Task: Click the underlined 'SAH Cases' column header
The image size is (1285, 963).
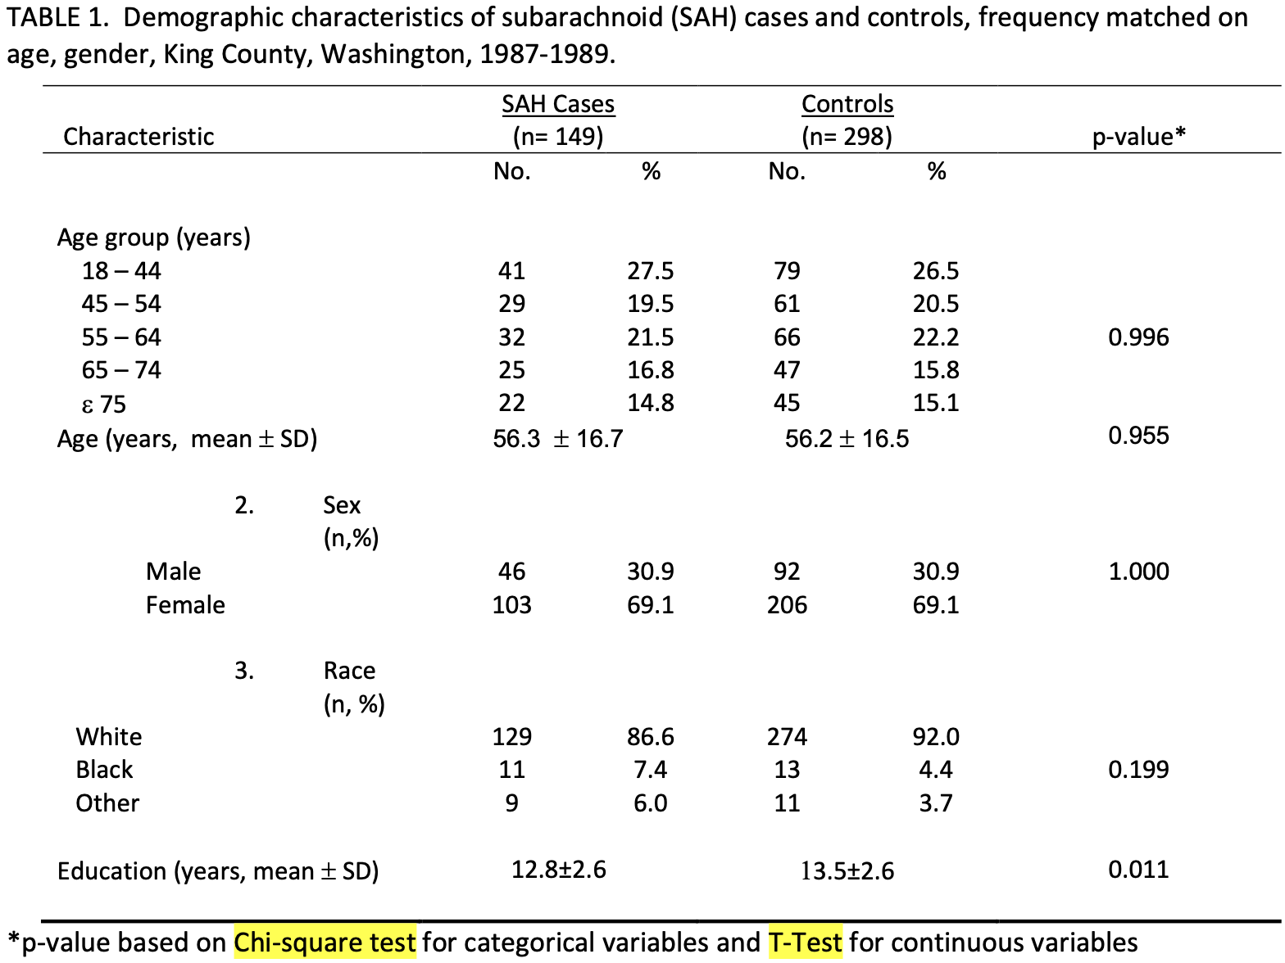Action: (558, 105)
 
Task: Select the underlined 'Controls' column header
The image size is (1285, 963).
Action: (847, 105)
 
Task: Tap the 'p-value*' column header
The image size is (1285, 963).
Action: (1138, 137)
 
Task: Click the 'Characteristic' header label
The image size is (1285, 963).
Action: (138, 137)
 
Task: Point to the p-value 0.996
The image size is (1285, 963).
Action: (1138, 337)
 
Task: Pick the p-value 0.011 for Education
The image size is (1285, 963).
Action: (1138, 870)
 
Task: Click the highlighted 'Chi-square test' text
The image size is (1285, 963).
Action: (325, 943)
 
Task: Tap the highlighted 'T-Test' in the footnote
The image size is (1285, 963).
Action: (805, 943)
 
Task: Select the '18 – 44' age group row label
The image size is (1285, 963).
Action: (121, 271)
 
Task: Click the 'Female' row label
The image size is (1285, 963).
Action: (185, 605)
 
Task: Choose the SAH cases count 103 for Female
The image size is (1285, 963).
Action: (511, 605)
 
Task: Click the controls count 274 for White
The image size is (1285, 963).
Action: (787, 737)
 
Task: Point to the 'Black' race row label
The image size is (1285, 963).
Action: (104, 770)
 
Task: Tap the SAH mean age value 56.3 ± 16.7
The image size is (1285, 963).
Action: (557, 439)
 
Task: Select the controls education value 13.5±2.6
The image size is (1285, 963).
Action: (847, 870)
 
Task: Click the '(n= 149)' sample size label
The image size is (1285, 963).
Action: (558, 137)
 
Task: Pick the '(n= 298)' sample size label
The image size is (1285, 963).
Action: (847, 137)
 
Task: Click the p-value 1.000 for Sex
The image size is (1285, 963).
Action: (1138, 572)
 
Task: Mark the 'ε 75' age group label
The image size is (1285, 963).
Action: (103, 405)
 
